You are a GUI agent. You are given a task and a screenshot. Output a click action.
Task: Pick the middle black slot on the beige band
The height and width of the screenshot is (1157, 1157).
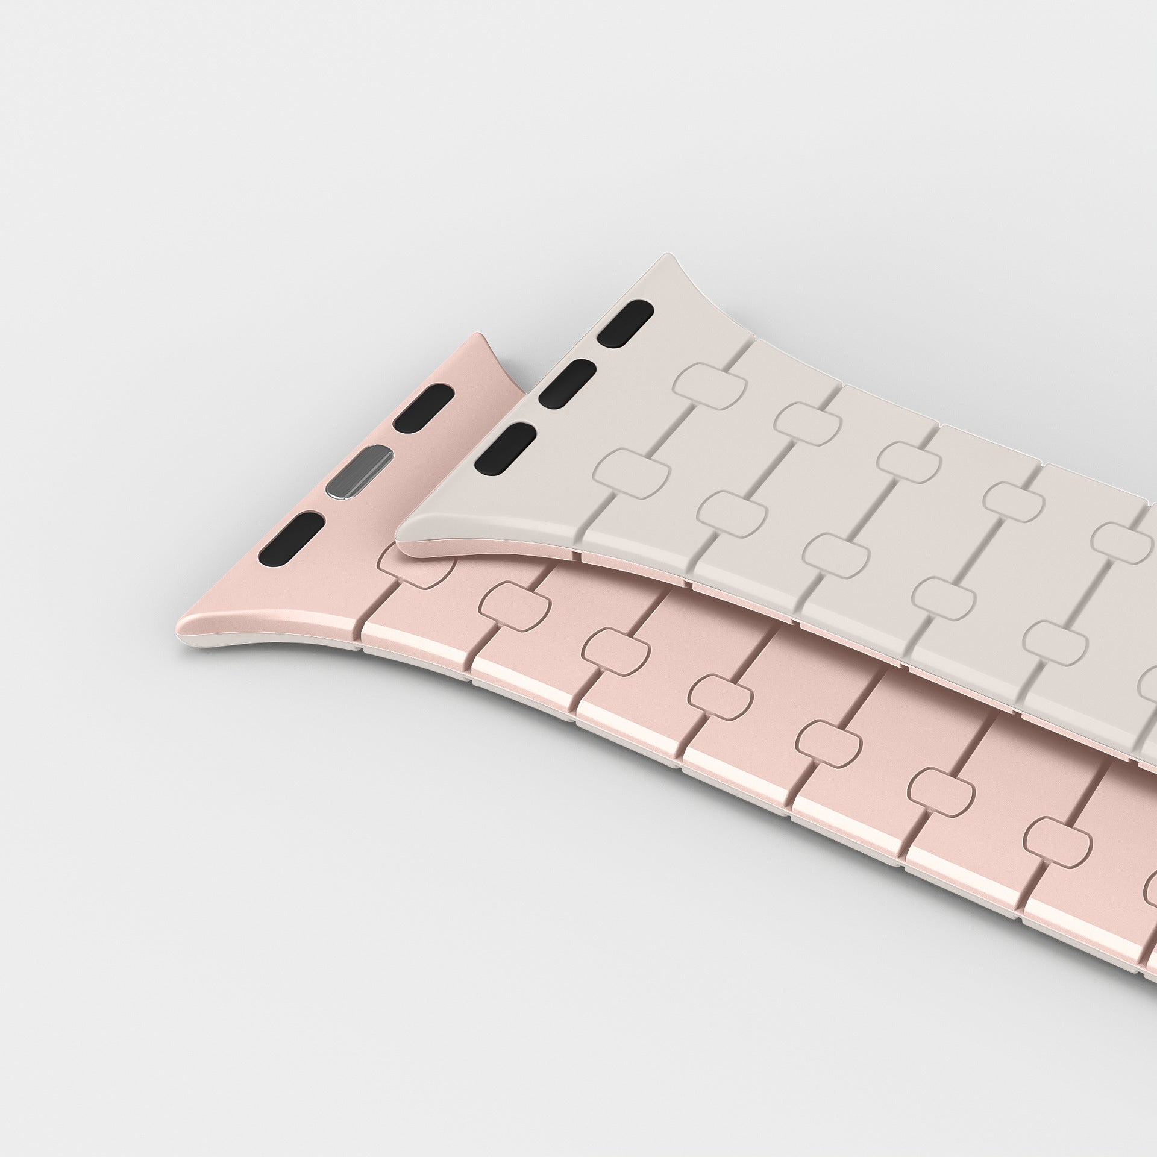tap(567, 382)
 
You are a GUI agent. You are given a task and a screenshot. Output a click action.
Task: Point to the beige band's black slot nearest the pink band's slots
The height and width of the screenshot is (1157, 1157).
tap(505, 447)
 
